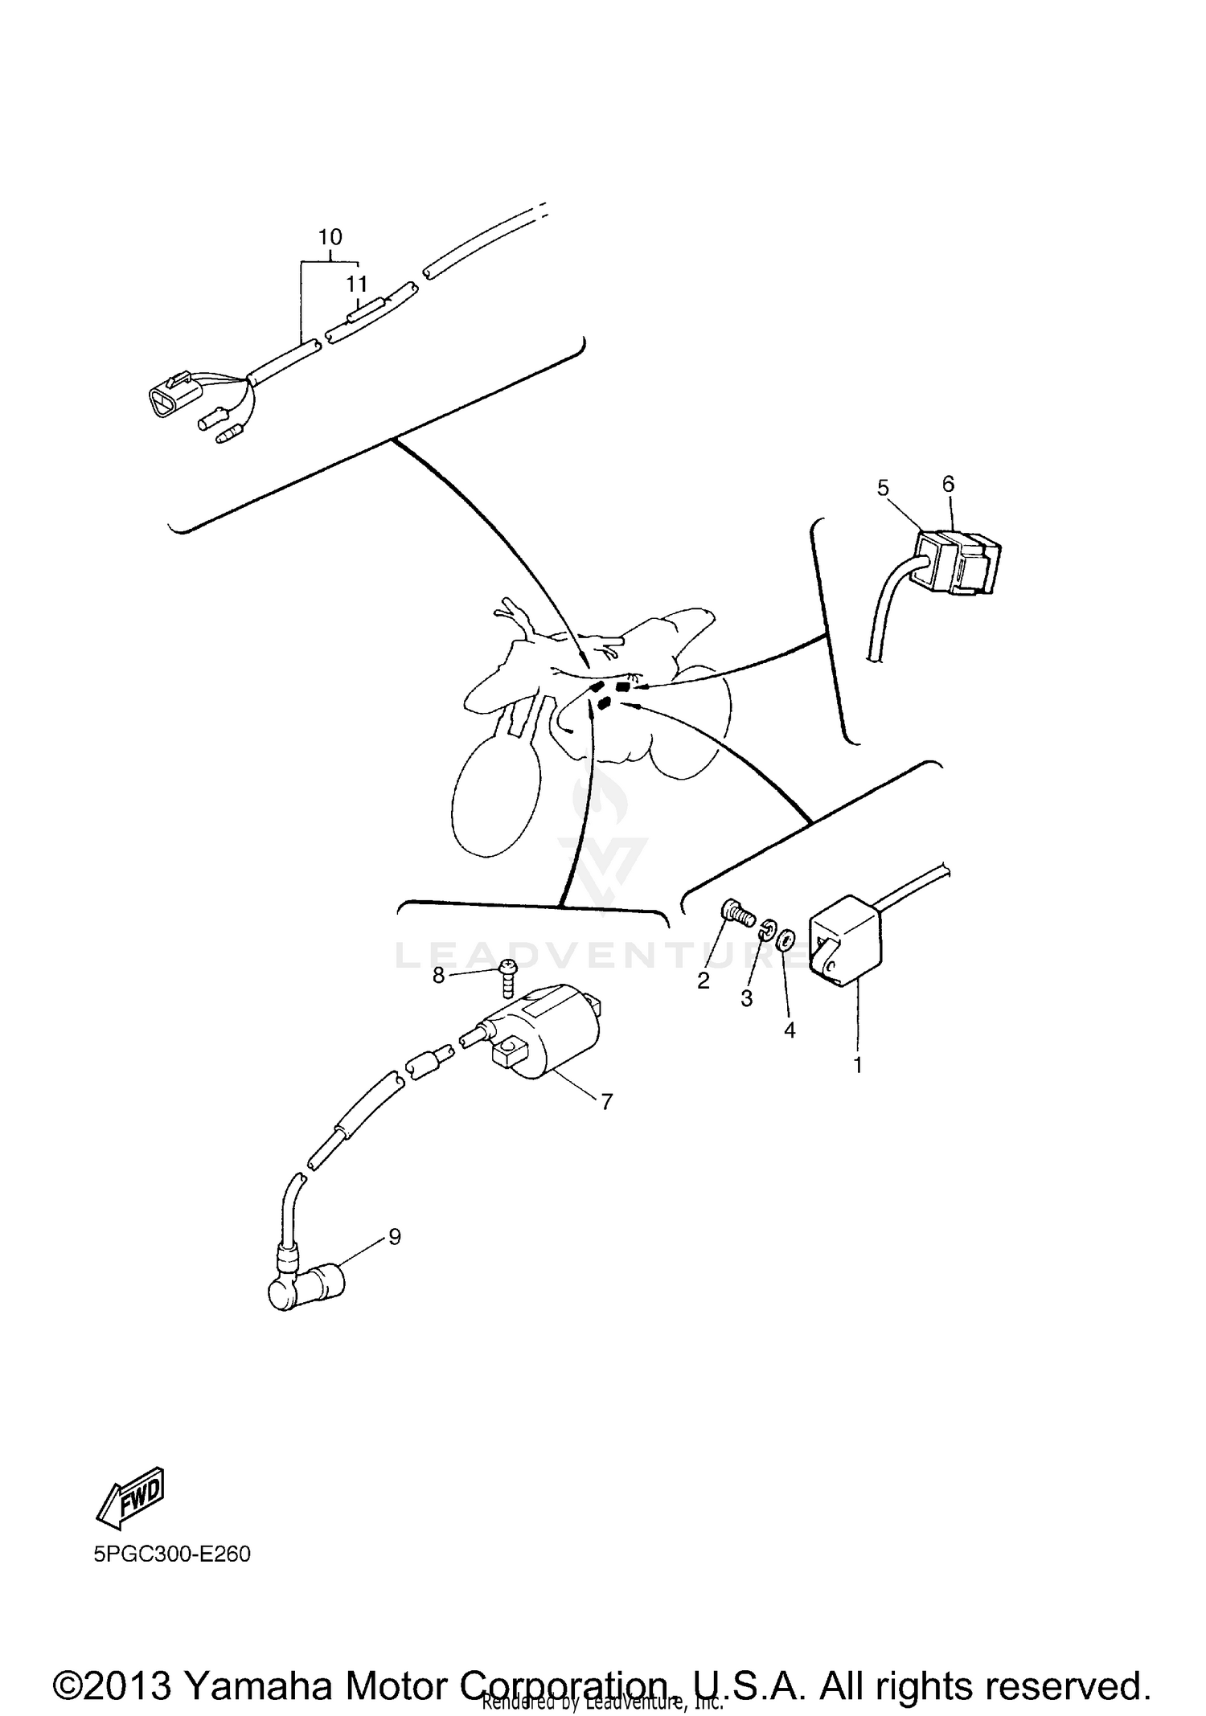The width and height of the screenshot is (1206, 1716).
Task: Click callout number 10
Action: point(330,237)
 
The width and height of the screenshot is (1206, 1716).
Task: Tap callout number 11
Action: point(357,284)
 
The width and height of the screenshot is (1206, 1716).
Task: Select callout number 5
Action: point(884,488)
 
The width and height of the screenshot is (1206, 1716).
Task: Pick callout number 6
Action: point(948,484)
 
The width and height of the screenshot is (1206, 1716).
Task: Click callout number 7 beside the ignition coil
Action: point(607,1101)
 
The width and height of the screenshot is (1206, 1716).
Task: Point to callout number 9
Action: point(395,1236)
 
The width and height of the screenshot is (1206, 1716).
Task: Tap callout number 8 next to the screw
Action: point(438,975)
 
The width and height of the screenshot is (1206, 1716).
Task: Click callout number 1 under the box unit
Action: point(858,1065)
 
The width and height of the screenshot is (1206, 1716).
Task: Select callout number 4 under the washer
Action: point(790,1030)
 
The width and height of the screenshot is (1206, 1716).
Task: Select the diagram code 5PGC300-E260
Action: point(172,1554)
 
